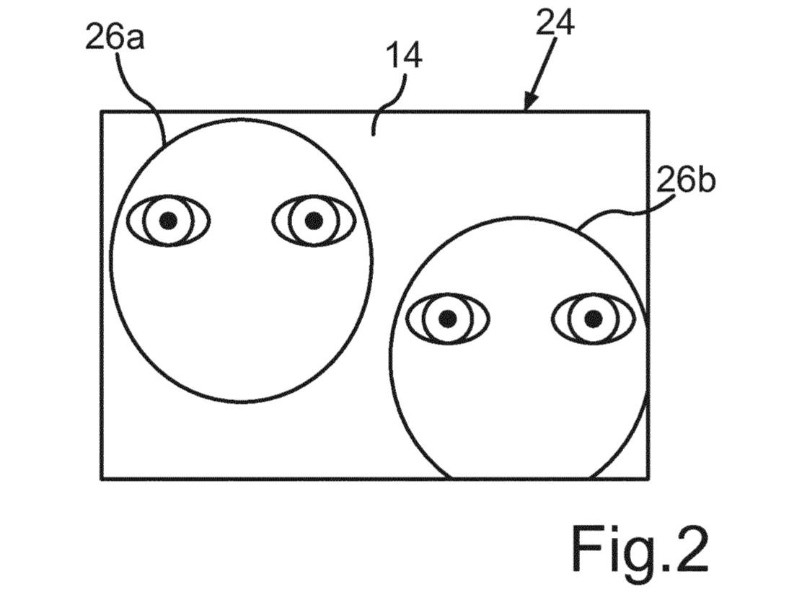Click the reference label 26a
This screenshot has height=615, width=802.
(115, 37)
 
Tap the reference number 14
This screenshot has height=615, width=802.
(404, 56)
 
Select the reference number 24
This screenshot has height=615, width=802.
(555, 22)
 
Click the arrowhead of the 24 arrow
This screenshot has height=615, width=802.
(529, 102)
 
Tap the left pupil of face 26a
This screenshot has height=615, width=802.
(168, 221)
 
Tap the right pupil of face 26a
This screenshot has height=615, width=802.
(314, 221)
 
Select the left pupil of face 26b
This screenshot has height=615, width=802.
(448, 319)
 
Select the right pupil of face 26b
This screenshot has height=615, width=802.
(594, 319)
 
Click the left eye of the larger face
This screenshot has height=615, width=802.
(168, 221)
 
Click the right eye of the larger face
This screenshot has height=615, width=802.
(314, 221)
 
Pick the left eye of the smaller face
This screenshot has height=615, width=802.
(448, 319)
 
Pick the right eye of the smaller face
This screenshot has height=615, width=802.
(594, 319)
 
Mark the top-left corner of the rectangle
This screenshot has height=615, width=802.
(101, 112)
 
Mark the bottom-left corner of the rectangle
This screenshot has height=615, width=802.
(101, 479)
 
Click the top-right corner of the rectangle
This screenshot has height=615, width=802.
(648, 112)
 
